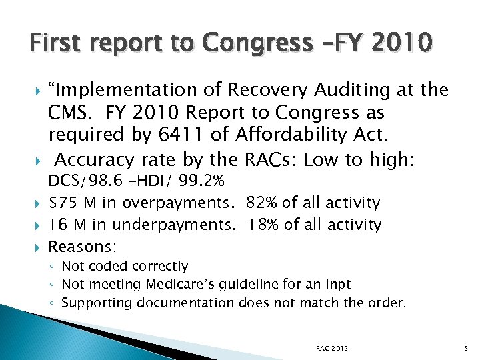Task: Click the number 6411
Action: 187,135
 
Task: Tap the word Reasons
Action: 82,247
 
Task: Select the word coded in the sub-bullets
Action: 107,267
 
